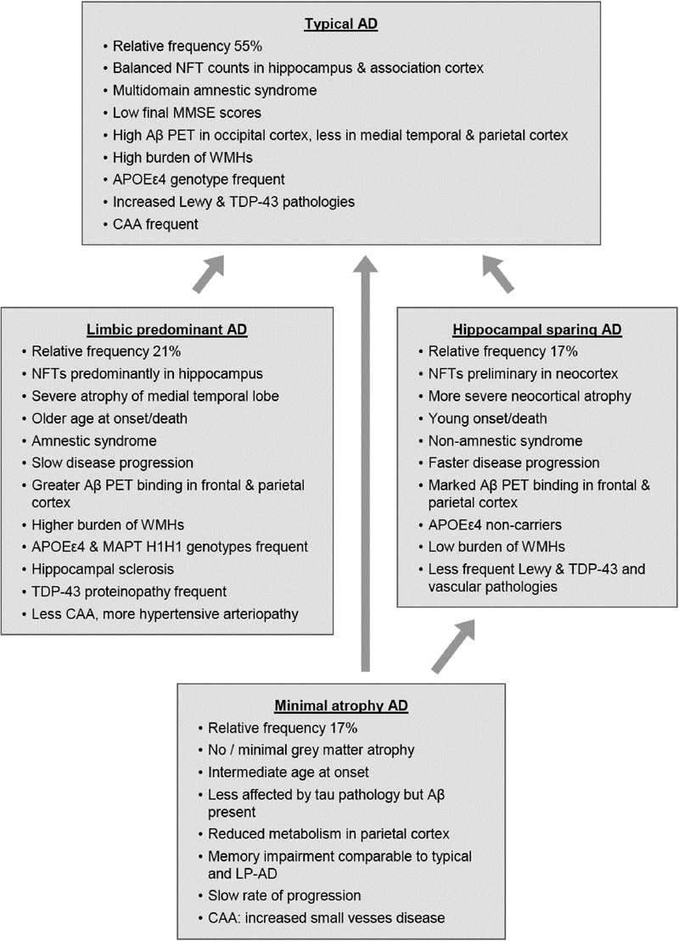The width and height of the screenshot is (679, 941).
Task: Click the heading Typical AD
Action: click(341, 25)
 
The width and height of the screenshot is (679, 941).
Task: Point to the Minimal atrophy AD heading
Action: click(341, 705)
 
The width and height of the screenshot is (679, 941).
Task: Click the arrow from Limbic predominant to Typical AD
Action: click(209, 274)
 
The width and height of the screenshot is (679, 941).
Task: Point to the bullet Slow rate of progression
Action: click(273, 893)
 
